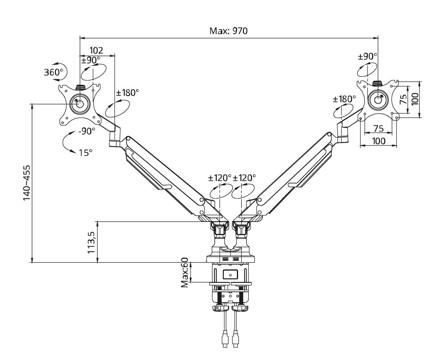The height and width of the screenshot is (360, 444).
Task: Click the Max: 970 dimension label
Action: (x=228, y=31)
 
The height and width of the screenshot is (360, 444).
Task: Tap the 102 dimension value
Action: (x=96, y=50)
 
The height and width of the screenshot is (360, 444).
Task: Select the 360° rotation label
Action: (x=54, y=72)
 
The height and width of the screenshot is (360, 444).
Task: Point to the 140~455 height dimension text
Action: (x=27, y=183)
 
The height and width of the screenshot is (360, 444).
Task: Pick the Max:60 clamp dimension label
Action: (x=185, y=272)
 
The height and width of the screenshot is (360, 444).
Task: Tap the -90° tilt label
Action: (x=86, y=131)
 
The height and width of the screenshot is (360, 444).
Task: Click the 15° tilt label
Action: (x=86, y=153)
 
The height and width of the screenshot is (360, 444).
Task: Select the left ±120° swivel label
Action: (x=220, y=178)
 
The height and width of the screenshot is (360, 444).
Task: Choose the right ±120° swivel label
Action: (x=245, y=178)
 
